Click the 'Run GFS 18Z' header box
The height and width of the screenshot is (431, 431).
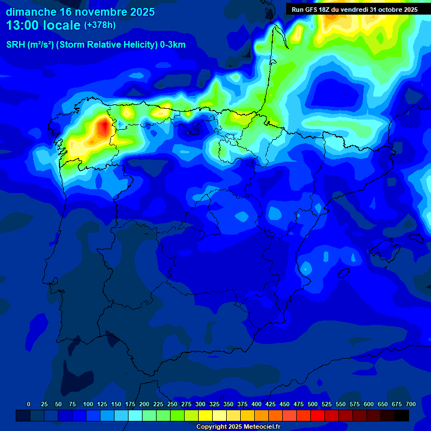point(354,10)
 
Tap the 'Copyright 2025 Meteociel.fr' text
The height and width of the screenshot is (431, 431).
point(238,427)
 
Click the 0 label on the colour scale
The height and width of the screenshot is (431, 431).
point(29,404)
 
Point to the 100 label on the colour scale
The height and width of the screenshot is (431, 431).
point(88,404)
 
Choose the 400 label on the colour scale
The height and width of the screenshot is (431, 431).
point(256,404)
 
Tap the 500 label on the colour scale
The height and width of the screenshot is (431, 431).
point(313,404)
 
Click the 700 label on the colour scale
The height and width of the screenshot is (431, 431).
point(410,404)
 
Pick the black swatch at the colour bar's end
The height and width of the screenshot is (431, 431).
point(402,415)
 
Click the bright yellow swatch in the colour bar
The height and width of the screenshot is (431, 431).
point(205,415)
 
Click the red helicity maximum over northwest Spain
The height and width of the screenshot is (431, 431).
point(103,127)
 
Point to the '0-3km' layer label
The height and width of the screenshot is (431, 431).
point(173,45)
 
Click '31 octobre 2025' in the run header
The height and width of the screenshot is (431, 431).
point(393,10)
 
